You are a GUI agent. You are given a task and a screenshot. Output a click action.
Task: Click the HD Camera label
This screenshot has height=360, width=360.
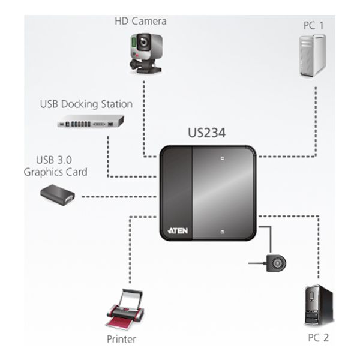[140, 22]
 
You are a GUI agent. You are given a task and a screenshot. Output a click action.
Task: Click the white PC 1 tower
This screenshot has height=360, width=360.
[313, 55]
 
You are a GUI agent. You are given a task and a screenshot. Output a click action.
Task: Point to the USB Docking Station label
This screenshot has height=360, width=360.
[86, 104]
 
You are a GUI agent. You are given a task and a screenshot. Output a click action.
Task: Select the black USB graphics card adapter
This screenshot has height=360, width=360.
[58, 194]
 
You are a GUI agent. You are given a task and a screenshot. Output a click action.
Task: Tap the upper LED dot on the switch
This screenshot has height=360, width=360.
[222, 158]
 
